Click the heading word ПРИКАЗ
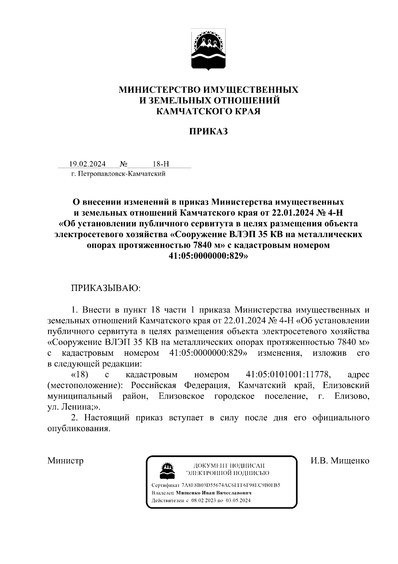(209, 132)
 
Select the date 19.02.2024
(87, 164)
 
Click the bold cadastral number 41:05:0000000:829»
(208, 256)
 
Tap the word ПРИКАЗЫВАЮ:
(106, 288)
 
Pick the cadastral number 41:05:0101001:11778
(289, 375)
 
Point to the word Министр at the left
(65, 461)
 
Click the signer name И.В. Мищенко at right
(340, 461)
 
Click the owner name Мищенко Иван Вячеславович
(214, 493)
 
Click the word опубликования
(78, 428)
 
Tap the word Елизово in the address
(352, 396)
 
